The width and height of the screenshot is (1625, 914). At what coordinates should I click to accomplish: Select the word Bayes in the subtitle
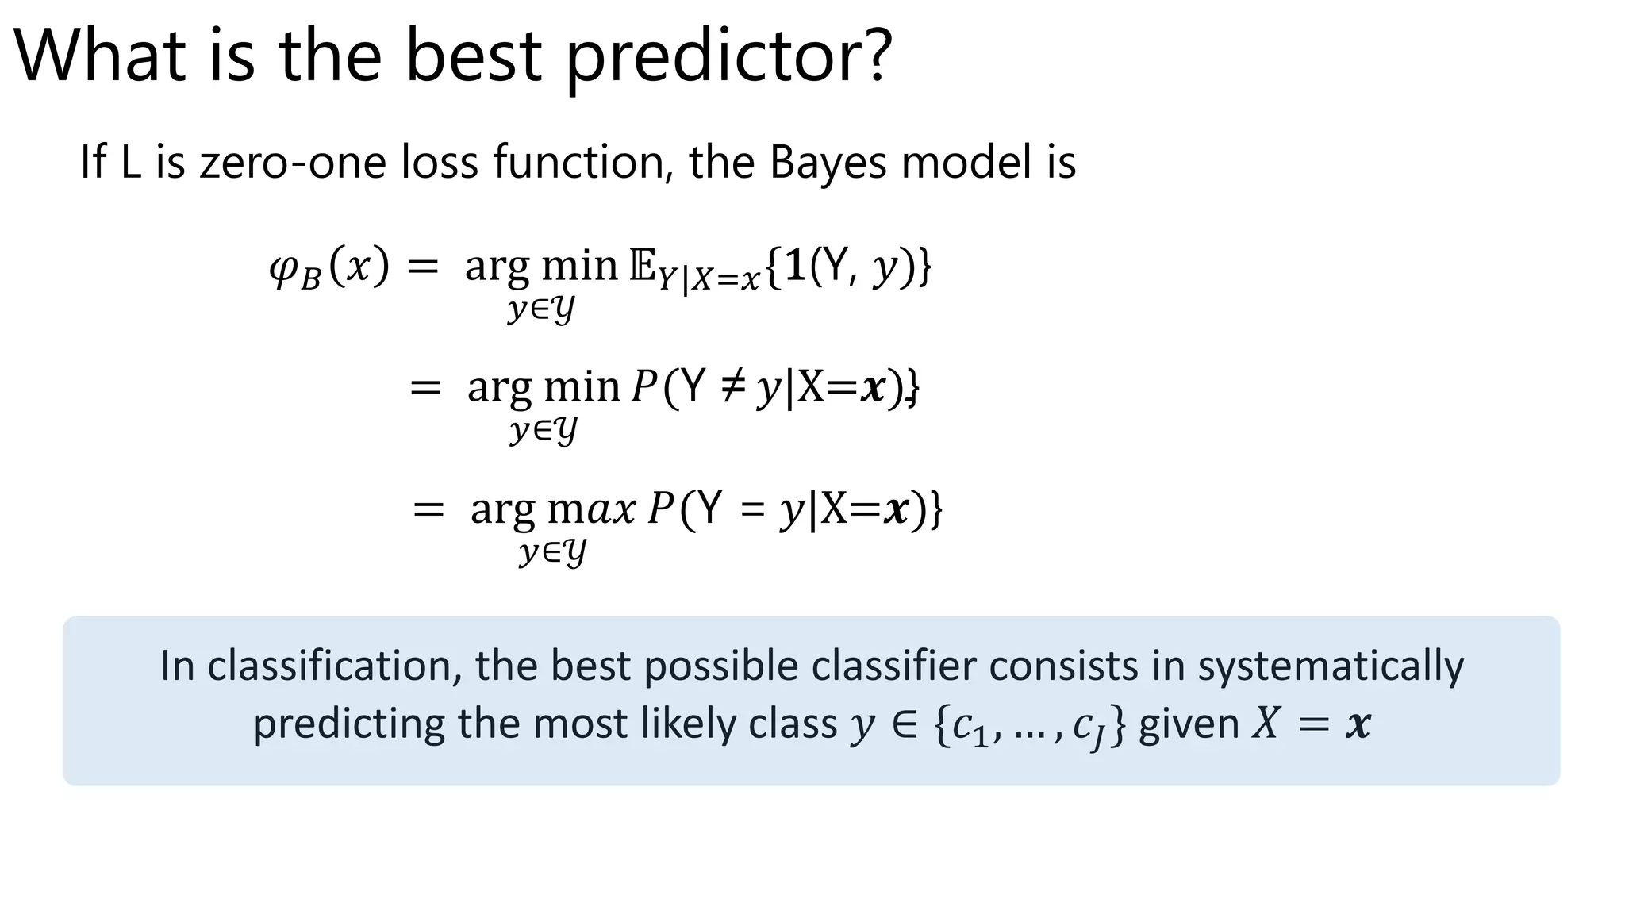[831, 162]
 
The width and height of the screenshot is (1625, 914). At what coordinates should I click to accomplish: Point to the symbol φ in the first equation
[283, 268]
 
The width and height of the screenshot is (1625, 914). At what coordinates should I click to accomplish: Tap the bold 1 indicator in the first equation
[797, 265]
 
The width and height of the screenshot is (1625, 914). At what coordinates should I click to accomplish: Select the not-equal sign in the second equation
[731, 387]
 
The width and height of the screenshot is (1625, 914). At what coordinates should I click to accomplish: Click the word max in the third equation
[592, 509]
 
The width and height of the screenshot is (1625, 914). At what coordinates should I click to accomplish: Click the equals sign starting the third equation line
[428, 509]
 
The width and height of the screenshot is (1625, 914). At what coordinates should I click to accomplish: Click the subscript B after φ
[312, 279]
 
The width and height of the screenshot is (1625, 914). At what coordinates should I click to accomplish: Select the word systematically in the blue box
[1331, 665]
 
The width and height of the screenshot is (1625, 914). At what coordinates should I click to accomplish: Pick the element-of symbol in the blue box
[905, 724]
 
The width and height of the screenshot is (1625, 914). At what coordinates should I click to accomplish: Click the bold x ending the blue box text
[1358, 724]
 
